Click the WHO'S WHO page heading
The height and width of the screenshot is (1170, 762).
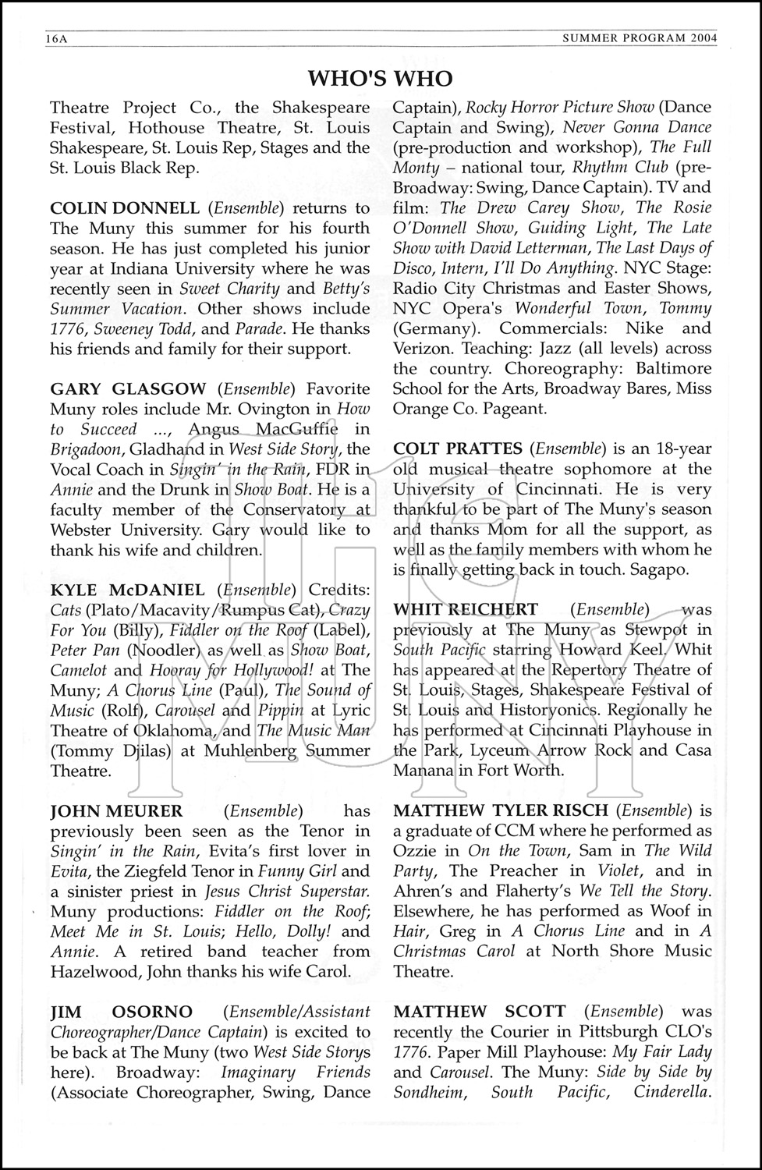(x=380, y=79)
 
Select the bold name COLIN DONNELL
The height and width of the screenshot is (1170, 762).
(x=124, y=208)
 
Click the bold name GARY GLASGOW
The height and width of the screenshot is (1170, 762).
(x=128, y=388)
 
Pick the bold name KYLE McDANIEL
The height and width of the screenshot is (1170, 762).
(x=127, y=590)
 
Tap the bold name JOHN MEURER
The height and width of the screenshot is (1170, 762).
(x=116, y=811)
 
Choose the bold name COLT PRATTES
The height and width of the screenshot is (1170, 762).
(x=458, y=448)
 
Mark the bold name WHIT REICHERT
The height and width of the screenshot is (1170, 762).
(x=466, y=609)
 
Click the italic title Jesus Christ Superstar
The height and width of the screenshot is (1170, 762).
(x=287, y=892)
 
